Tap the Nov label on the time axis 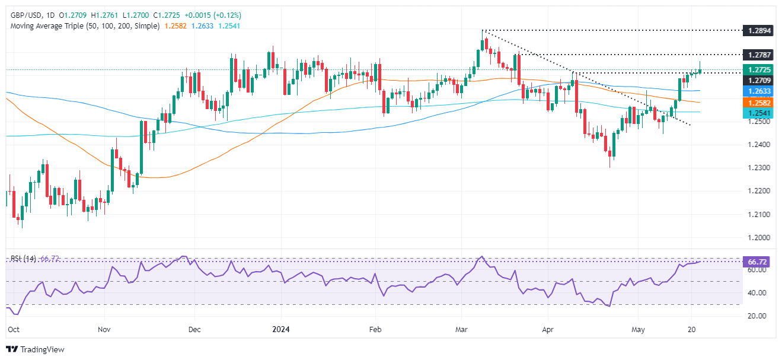[x=104, y=328]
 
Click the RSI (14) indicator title [x=22, y=259]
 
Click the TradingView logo [x=35, y=349]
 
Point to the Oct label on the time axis [x=12, y=328]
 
